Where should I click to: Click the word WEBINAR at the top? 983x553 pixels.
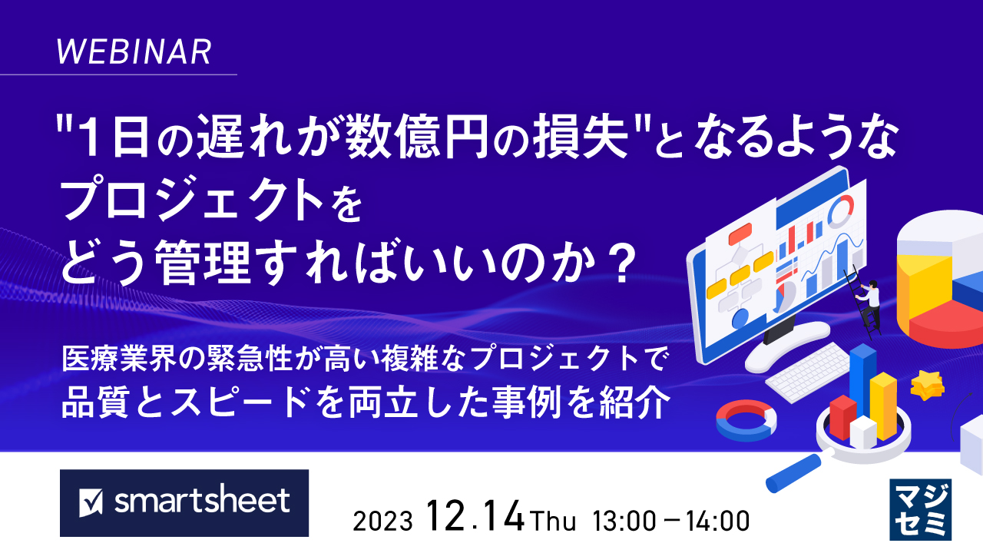pos(134,51)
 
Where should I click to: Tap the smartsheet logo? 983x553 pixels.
pos(184,502)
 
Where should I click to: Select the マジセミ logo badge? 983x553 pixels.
pos(920,508)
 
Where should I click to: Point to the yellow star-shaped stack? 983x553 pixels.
pos(927,386)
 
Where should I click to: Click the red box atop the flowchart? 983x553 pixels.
pos(741,233)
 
